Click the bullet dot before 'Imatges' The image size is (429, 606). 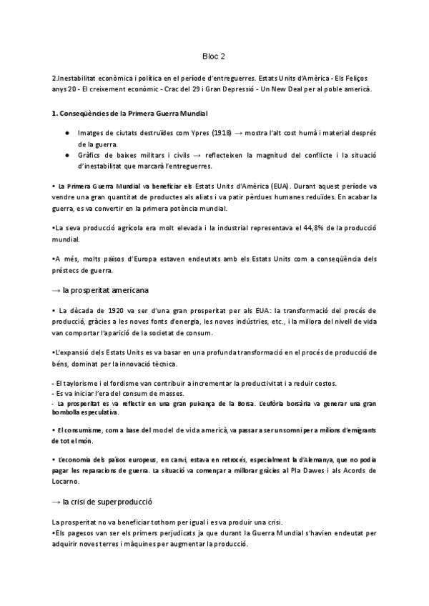(66, 134)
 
